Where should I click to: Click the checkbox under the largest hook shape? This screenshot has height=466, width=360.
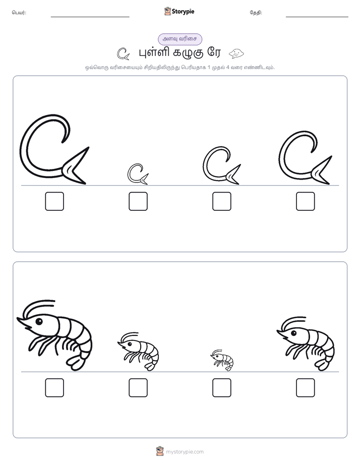click(x=54, y=201)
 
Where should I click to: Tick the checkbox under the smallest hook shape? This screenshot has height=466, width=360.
click(x=138, y=201)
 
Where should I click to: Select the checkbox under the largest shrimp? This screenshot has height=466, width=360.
click(x=54, y=387)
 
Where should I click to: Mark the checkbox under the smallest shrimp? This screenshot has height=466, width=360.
click(x=221, y=387)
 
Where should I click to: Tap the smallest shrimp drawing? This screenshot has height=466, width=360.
click(x=222, y=360)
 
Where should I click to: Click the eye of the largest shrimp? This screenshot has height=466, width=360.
click(x=39, y=321)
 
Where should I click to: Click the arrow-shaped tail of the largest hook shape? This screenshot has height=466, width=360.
click(x=76, y=168)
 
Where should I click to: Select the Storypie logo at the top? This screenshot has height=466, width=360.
click(x=179, y=11)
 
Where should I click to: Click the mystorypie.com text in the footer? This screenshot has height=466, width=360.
click(x=185, y=452)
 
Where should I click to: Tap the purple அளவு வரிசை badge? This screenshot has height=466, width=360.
click(x=180, y=39)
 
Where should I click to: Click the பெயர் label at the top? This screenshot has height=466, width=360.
click(x=19, y=13)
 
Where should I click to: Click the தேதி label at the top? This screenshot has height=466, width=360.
click(x=256, y=13)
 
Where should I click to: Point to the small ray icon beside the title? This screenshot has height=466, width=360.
click(x=236, y=53)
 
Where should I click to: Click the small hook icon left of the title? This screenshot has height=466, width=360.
click(x=123, y=54)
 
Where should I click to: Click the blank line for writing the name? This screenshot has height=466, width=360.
click(x=90, y=17)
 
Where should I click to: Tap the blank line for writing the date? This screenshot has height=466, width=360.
click(x=317, y=17)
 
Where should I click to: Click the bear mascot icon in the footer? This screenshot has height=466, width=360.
click(x=160, y=451)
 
